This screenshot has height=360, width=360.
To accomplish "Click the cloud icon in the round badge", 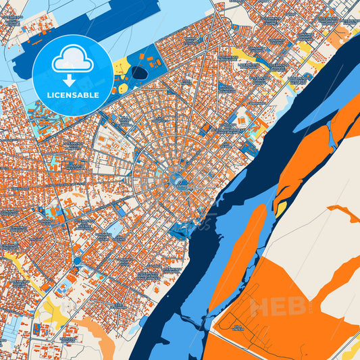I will tap(72, 59).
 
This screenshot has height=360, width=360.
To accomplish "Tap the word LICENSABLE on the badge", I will tap(73, 95).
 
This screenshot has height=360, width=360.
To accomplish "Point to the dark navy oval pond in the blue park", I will tap(139, 72).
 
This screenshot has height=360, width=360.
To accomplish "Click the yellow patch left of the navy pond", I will tap(122, 66).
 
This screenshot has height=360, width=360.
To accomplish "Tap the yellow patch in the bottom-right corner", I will tap(353, 351).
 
